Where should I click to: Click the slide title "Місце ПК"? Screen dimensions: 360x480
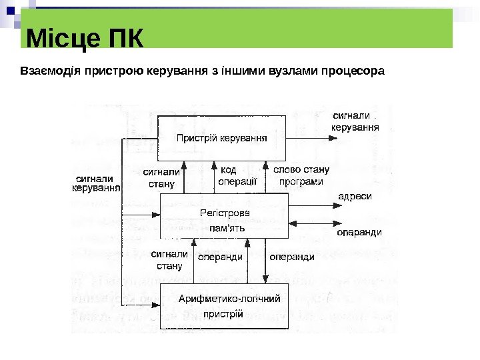coord(85,39)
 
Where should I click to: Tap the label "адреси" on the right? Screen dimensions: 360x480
coord(355,197)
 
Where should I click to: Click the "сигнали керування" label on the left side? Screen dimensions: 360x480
coord(95,183)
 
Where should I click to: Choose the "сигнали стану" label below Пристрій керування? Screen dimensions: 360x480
coord(161,177)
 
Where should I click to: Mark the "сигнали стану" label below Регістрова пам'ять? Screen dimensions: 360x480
coord(169,260)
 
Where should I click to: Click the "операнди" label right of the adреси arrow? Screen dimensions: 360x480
coord(359,233)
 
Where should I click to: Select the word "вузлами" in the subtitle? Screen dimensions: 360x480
coord(288,69)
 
